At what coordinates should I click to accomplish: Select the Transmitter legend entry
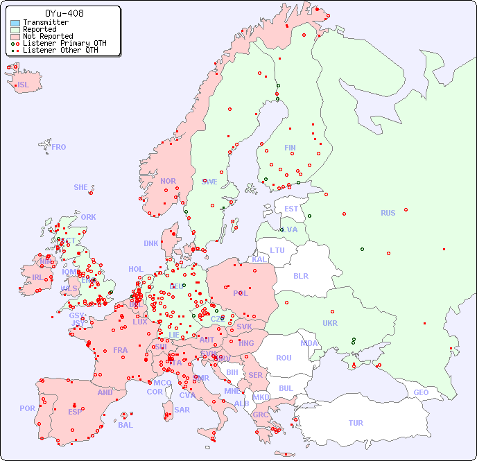(45, 23)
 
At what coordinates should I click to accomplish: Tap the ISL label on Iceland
(23, 85)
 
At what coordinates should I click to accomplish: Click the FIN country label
(290, 148)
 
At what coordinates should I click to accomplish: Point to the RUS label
(388, 213)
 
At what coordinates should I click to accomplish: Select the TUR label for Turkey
(356, 423)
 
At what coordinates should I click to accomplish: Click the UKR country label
(330, 323)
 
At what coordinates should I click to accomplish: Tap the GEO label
(421, 392)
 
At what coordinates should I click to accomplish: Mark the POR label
(27, 408)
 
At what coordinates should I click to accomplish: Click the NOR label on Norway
(168, 181)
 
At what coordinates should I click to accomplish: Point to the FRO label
(59, 147)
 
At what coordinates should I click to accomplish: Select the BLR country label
(300, 275)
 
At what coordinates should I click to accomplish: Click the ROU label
(284, 358)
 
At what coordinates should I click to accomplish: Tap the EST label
(291, 209)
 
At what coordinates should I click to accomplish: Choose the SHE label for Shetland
(81, 187)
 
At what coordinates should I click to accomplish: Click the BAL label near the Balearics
(125, 425)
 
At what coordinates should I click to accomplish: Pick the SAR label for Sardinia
(182, 410)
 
